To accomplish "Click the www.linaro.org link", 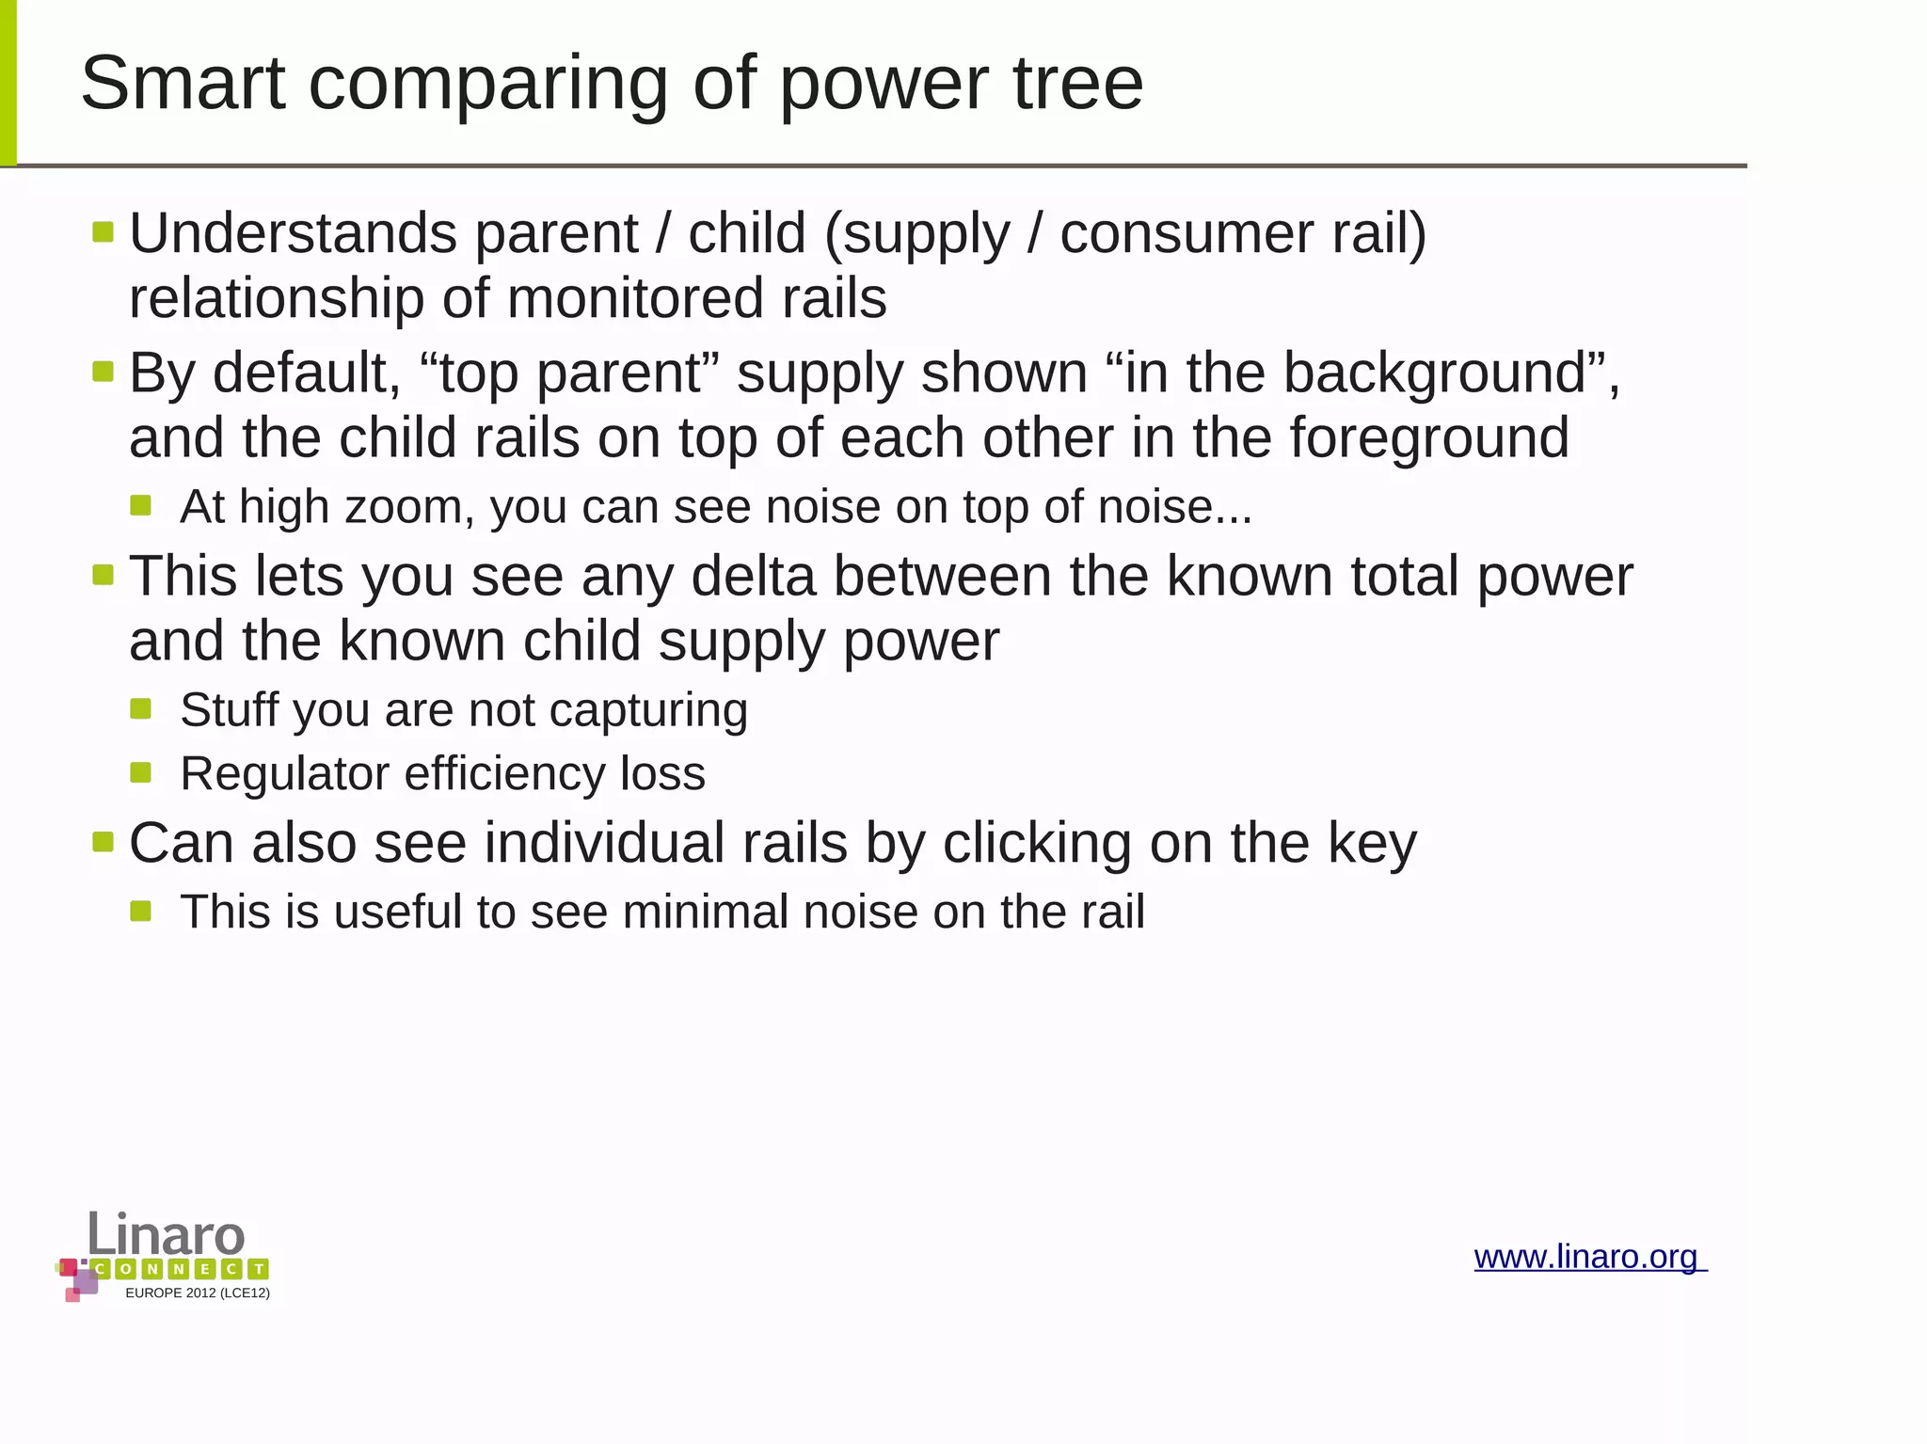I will tap(1588, 1257).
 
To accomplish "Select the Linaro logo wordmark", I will tap(167, 1234).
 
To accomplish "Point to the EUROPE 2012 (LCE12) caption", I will tap(198, 1293).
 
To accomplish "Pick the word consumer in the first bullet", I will tap(1186, 233).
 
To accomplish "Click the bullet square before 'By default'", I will tap(103, 372).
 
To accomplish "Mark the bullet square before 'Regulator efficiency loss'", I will tap(141, 773).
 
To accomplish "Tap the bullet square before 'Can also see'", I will tap(103, 841).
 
